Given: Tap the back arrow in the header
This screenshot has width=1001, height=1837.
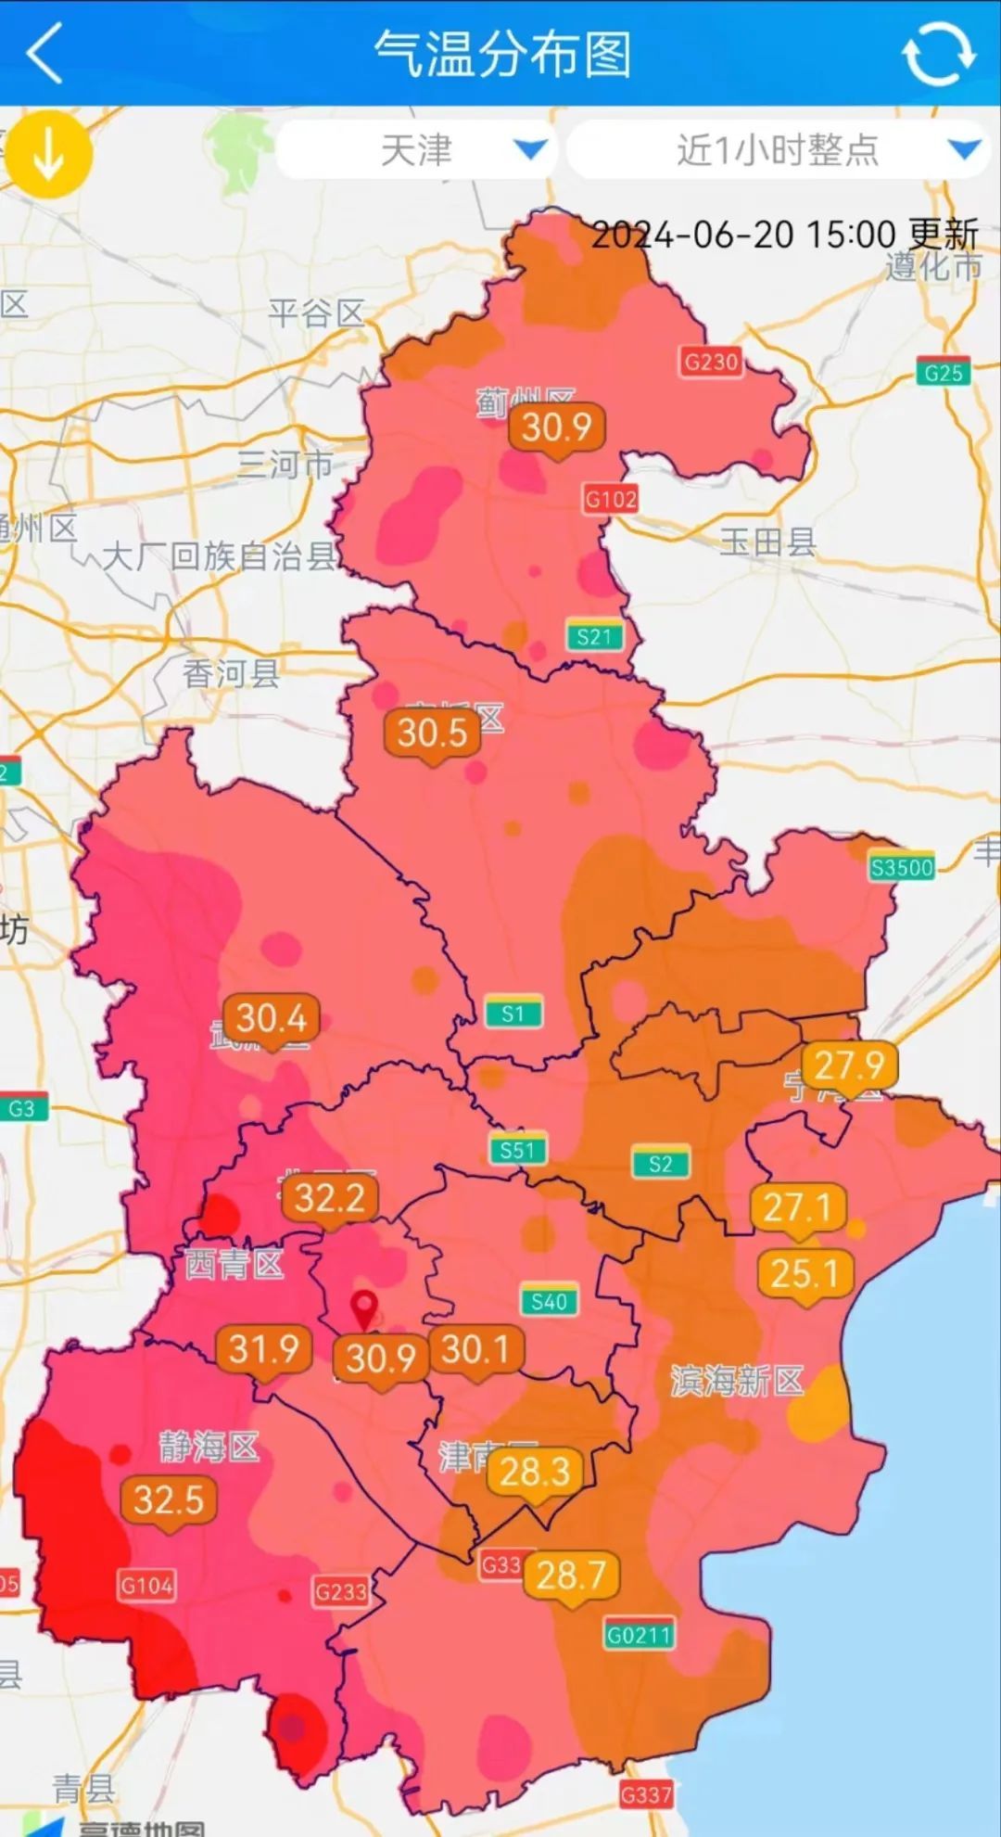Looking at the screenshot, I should [x=44, y=54].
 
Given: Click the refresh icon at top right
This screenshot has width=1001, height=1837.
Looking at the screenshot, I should [x=938, y=54].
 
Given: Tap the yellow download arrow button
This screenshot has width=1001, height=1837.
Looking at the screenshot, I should [x=48, y=155].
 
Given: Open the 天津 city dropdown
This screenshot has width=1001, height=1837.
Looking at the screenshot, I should [x=416, y=150].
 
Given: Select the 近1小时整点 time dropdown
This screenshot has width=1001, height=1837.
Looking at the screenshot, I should [x=777, y=150].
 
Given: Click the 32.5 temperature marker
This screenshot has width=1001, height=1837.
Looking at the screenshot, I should [x=169, y=1499].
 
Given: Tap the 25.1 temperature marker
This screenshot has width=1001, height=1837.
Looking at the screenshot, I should [x=805, y=1274].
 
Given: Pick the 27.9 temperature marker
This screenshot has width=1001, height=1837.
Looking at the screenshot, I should [x=849, y=1065].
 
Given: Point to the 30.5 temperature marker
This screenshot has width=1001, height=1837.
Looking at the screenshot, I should [x=432, y=734].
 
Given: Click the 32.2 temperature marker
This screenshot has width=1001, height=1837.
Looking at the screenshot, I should [x=330, y=1198].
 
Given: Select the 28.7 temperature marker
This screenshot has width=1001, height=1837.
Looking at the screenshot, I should [x=571, y=1575].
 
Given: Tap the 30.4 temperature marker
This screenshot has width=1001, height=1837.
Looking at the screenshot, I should [x=272, y=1018].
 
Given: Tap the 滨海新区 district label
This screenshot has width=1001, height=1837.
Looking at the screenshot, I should [x=737, y=1381].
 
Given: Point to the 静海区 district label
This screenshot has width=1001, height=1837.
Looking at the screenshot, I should [x=209, y=1447].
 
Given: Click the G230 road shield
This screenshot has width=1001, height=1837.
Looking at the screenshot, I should [x=711, y=361].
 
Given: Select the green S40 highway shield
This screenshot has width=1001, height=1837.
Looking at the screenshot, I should [x=549, y=1301].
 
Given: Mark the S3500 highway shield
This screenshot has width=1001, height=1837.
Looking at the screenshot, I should [x=902, y=867].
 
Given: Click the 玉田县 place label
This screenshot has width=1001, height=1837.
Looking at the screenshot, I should [x=767, y=541].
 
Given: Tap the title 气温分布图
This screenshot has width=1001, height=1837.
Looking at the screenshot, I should [x=502, y=54].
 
